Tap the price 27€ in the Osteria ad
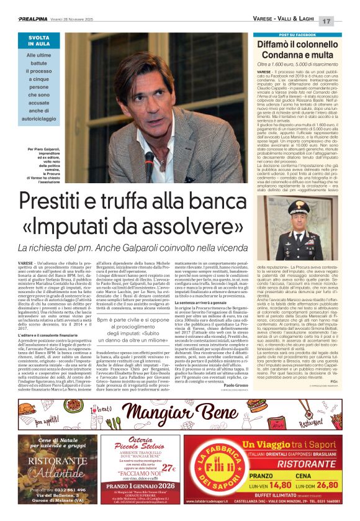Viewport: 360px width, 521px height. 166,466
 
